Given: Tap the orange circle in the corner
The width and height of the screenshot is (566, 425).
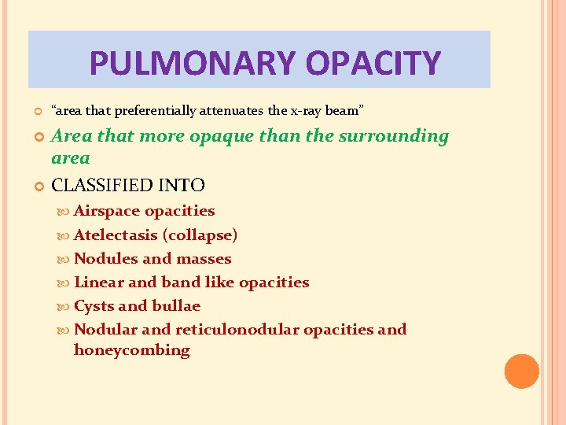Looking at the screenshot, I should [x=522, y=371].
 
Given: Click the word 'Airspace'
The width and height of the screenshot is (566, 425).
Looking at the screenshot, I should [x=107, y=211].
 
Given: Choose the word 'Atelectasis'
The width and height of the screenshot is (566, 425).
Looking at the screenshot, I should [x=116, y=235].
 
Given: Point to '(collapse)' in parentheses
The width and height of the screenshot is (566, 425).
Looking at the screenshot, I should [x=200, y=235].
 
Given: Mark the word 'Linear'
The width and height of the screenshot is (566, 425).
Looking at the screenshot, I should [x=98, y=282].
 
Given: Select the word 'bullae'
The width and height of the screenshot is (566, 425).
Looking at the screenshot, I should [x=176, y=305].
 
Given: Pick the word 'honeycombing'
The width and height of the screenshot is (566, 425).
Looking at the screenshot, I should [x=131, y=350].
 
